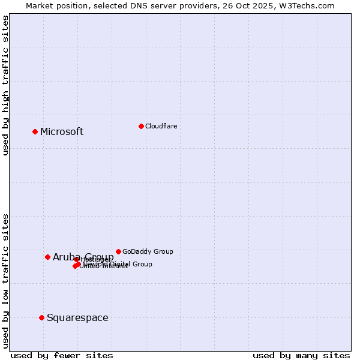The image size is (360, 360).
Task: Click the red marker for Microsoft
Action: pos(35,131)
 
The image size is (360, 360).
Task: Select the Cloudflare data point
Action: pos(141,126)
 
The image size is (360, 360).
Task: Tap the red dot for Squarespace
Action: pos(41,317)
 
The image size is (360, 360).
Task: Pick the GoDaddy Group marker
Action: pos(118,251)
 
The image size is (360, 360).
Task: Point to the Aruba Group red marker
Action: pos(47,257)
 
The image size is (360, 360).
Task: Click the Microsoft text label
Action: pos(62,132)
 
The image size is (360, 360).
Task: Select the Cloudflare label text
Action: pos(161,126)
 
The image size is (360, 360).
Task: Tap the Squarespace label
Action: pos(77,318)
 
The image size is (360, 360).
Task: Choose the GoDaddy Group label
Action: pos(148,251)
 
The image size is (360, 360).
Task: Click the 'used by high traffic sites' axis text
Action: pos(5,85)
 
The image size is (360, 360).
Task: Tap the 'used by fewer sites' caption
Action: pos(62,355)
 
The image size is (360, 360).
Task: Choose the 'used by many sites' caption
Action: pos(301,355)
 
